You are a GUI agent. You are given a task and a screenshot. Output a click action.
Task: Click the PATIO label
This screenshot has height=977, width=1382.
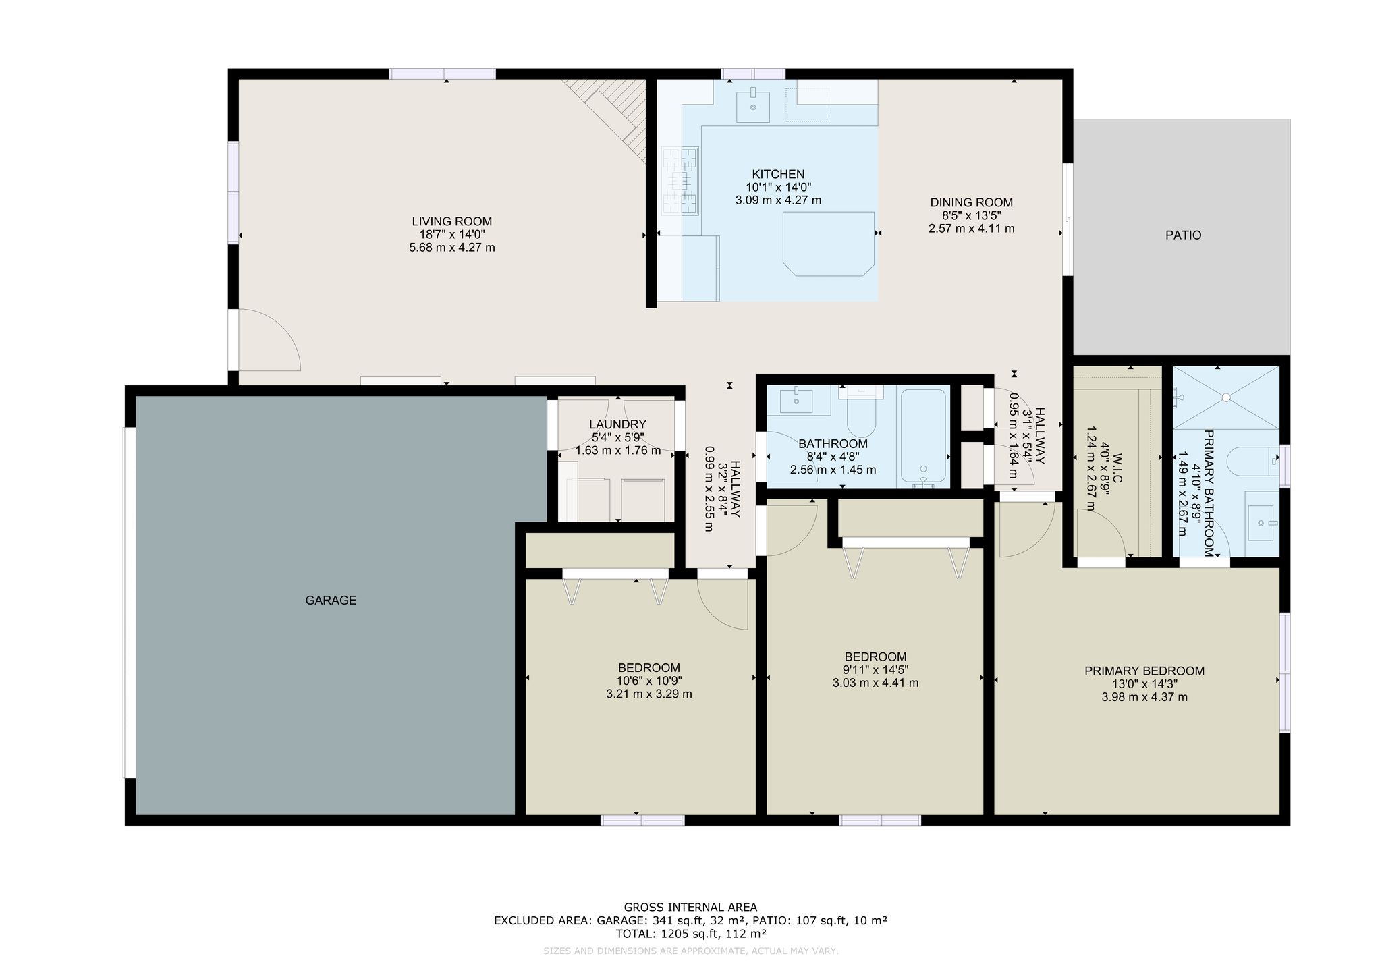(x=1183, y=235)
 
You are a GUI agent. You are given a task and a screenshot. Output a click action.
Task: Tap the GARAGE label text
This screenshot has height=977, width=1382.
(x=331, y=600)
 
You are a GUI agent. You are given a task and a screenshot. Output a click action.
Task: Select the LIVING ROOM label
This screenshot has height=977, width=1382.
(x=452, y=221)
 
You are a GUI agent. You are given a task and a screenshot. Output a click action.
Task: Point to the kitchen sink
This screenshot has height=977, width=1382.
(x=752, y=105)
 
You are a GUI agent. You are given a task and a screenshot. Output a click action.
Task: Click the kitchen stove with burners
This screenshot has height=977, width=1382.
(x=680, y=182)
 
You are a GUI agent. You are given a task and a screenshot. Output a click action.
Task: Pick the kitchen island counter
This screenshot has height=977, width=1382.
(x=829, y=244)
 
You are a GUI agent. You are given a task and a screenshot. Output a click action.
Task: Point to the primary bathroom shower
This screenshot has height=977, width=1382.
(x=1225, y=397)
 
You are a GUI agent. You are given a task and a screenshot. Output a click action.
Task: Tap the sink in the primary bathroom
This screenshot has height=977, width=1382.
(x=1263, y=523)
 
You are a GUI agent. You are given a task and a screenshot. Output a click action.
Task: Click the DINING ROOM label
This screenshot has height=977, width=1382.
(x=972, y=202)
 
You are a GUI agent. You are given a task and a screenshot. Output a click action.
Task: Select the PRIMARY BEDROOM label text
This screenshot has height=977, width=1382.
(x=1144, y=671)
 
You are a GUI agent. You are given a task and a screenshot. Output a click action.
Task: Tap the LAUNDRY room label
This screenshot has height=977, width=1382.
(x=617, y=424)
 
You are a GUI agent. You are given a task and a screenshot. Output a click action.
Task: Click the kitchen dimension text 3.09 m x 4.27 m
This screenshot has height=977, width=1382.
(x=778, y=200)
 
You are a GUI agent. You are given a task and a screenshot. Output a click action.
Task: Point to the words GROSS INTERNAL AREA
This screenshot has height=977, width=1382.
(x=690, y=908)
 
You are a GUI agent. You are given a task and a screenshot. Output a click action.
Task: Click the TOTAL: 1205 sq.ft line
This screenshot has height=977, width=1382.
(x=690, y=934)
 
